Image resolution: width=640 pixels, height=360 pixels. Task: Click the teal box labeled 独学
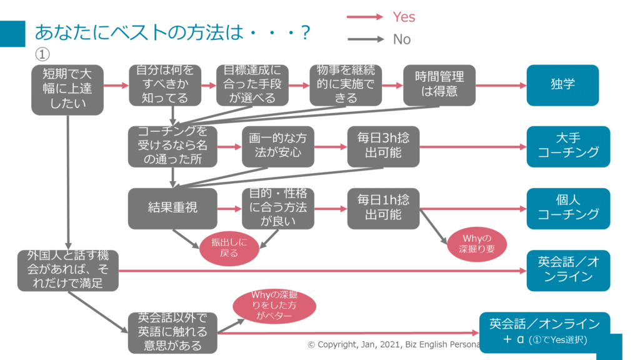[562, 84]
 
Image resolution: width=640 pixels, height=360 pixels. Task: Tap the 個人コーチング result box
[568, 208]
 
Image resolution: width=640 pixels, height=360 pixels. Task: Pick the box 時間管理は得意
[439, 85]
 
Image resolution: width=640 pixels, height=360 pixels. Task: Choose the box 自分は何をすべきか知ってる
[165, 85]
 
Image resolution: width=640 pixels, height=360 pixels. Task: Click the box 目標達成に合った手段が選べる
[252, 85]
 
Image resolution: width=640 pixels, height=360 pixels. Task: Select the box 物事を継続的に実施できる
[346, 85]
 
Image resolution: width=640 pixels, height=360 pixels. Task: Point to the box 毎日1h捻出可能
[383, 208]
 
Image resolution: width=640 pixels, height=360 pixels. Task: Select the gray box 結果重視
[172, 208]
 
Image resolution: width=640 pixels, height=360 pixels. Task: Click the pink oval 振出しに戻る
[229, 248]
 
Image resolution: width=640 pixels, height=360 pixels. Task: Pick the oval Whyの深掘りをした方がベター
[274, 306]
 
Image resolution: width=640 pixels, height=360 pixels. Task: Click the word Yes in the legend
[404, 17]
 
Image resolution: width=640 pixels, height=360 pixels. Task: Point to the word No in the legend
[402, 39]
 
